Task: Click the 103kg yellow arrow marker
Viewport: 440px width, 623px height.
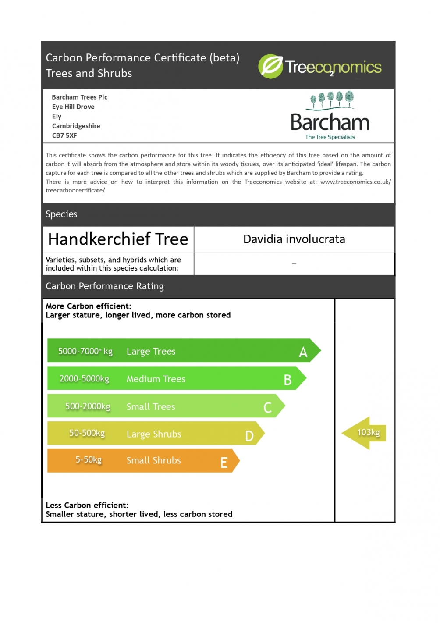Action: [365, 433]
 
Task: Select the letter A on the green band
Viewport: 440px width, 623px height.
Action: [303, 352]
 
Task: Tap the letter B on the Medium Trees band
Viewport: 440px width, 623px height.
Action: [287, 380]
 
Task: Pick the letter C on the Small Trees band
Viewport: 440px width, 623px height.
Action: [267, 408]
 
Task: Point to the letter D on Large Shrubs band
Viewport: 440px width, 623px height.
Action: [249, 436]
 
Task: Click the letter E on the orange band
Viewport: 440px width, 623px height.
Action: [224, 463]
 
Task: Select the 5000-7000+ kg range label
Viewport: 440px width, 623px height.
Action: [85, 352]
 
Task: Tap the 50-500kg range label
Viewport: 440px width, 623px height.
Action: [87, 433]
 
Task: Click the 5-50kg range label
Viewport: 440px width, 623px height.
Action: [89, 459]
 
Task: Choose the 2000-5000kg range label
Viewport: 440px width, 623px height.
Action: [84, 379]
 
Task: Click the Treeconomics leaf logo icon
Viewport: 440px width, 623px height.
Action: [270, 67]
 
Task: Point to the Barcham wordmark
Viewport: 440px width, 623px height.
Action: [330, 122]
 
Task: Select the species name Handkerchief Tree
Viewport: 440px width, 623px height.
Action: [118, 239]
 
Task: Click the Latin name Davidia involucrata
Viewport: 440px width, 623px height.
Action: [294, 239]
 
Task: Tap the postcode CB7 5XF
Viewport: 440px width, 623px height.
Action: [64, 135]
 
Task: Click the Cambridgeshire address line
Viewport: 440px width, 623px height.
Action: [76, 126]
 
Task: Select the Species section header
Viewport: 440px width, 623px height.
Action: [61, 214]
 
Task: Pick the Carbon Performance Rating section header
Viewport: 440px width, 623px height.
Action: [104, 286]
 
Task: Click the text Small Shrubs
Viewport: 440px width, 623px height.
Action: [153, 460]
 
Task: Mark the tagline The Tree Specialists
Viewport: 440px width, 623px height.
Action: [330, 137]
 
